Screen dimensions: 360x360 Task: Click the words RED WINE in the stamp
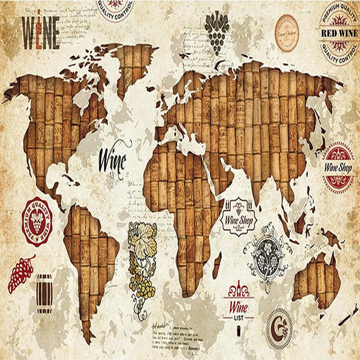point(339,33)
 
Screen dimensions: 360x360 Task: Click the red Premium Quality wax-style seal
point(37,221)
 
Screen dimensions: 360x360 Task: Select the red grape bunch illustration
point(21,273)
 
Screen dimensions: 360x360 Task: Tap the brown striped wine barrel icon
point(44,288)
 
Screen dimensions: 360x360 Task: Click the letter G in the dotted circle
point(279,323)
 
